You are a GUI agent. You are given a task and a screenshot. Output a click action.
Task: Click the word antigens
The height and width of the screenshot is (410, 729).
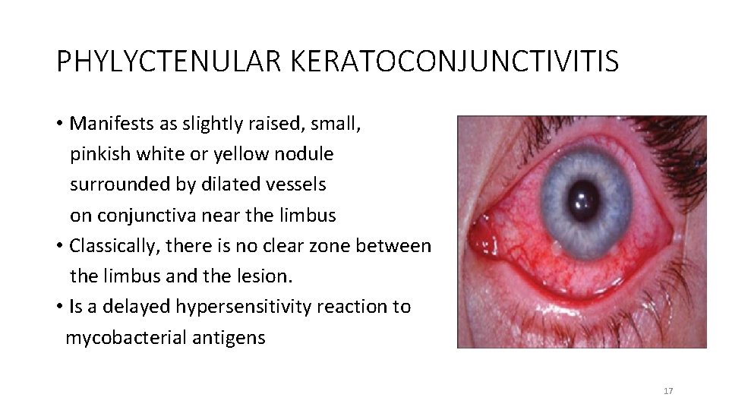tap(232, 337)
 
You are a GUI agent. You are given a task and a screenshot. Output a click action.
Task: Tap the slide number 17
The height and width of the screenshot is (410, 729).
tap(668, 391)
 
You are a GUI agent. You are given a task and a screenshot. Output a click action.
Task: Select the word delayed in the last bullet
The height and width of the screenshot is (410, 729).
tap(139, 307)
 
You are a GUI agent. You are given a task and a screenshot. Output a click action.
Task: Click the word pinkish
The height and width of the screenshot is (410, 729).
tap(101, 153)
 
